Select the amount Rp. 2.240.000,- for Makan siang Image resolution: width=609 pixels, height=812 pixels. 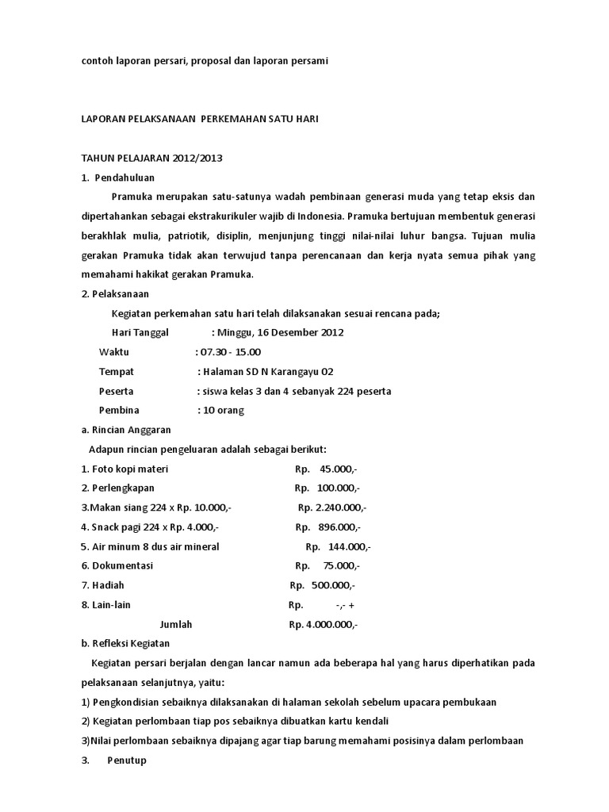[332, 507]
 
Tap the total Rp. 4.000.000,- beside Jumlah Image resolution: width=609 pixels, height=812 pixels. [324, 624]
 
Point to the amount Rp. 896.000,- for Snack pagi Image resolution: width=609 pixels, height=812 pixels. [328, 527]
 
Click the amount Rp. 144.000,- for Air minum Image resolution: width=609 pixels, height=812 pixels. [338, 546]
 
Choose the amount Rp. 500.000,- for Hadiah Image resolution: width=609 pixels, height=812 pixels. [323, 585]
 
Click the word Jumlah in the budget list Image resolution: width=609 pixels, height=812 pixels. [176, 624]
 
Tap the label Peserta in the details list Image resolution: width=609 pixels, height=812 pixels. [116, 391]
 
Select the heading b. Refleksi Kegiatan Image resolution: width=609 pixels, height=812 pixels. [125, 643]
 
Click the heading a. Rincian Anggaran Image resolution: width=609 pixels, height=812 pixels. [126, 430]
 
